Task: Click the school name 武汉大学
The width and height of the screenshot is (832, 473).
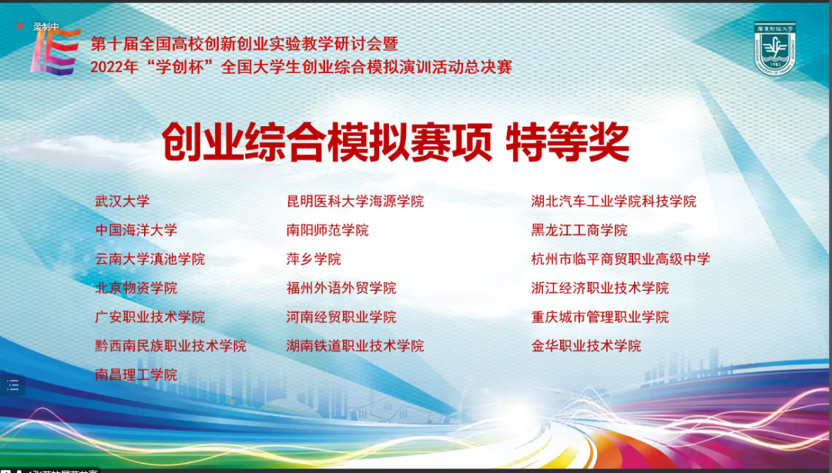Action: click(122, 202)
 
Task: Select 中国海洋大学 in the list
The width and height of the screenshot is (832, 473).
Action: click(136, 231)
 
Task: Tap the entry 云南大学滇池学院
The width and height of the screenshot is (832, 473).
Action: click(149, 259)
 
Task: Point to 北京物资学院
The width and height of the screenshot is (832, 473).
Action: click(136, 288)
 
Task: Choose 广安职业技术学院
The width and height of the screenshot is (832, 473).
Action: click(149, 318)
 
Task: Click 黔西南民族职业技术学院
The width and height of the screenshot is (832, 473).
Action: click(170, 346)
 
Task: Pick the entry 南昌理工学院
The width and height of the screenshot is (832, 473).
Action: click(136, 375)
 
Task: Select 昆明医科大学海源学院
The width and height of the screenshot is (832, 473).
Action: click(355, 202)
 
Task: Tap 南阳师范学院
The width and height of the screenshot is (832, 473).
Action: click(327, 231)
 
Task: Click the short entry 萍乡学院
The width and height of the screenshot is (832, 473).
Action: click(314, 259)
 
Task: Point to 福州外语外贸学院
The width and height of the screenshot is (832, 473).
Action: click(341, 288)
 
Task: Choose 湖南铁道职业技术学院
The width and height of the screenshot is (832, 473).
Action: click(355, 346)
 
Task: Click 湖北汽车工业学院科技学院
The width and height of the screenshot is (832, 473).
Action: click(613, 202)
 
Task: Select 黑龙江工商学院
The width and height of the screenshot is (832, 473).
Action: click(579, 231)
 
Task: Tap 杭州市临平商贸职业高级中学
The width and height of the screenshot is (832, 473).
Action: click(620, 259)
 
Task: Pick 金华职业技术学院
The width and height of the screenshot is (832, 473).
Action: click(585, 346)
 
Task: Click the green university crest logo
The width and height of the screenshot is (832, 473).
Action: click(775, 48)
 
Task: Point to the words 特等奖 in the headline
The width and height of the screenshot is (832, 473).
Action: click(567, 142)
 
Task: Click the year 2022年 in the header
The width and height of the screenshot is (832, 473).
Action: click(114, 67)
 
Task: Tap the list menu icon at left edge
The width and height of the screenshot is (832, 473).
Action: click(13, 385)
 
